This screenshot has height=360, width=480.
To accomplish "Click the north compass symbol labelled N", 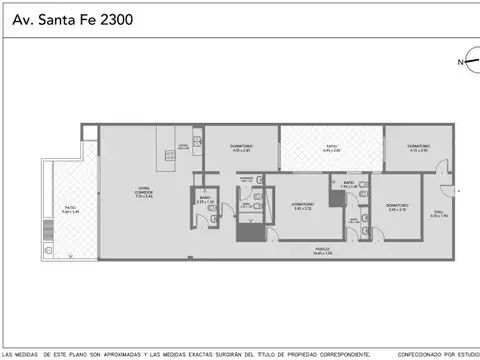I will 462,62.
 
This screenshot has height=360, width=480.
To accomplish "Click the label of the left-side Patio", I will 69,209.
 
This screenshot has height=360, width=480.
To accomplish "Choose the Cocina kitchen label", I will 183,147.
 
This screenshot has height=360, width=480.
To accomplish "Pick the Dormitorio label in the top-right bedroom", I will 417,148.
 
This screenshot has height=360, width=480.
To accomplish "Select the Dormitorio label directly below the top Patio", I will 302,206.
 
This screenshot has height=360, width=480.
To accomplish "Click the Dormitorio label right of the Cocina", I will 241,148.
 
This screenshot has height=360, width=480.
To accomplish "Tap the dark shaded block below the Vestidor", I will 248,232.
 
